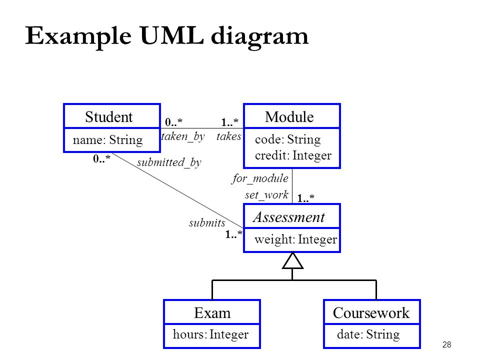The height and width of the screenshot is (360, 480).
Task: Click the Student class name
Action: (108, 116)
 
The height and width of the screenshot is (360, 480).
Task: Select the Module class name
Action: (289, 116)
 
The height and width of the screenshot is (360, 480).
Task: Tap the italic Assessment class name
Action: (288, 217)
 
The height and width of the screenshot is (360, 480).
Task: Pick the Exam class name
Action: (212, 313)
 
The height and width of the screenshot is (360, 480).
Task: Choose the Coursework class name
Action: (371, 313)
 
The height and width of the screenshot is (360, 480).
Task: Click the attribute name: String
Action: (108, 140)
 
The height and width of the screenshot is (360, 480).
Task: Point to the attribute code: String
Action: (288, 139)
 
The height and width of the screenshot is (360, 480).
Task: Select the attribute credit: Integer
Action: (293, 155)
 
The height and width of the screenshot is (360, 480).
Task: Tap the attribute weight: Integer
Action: (295, 239)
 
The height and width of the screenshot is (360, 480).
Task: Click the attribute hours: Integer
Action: (210, 334)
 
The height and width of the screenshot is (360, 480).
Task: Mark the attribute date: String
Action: (368, 334)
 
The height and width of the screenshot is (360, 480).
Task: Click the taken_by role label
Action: (183, 136)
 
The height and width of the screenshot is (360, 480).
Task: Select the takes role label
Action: (228, 136)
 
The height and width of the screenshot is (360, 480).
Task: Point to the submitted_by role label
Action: (169, 162)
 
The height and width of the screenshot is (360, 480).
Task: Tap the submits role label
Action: (207, 223)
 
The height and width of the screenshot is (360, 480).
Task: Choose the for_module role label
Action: (259, 178)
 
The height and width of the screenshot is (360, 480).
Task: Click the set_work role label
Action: (266, 194)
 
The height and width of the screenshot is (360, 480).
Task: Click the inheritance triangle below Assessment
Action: (292, 261)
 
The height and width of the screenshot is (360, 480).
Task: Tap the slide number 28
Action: (446, 344)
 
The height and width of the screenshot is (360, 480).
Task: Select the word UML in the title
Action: (171, 35)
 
